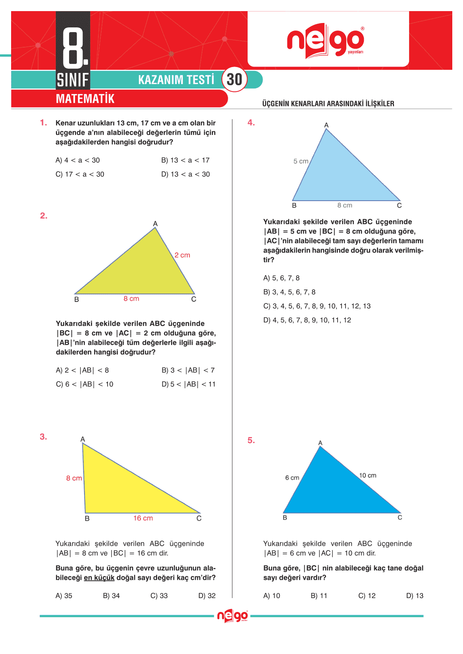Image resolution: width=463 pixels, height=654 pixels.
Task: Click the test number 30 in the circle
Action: pyautogui.click(x=234, y=80)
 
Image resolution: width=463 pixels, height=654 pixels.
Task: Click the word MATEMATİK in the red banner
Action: pyautogui.click(x=85, y=99)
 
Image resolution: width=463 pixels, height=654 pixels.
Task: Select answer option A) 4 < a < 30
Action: pyautogui.click(x=78, y=160)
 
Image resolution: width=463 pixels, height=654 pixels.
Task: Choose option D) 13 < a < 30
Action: pyautogui.click(x=185, y=174)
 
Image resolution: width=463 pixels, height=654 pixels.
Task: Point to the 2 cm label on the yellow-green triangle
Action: pyautogui.click(x=182, y=255)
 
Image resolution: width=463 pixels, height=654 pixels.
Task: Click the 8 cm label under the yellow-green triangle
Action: pyautogui.click(x=131, y=299)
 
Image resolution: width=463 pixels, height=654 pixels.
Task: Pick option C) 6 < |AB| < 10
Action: pyautogui.click(x=85, y=384)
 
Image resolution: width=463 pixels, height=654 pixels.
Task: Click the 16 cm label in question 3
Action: pyautogui.click(x=143, y=518)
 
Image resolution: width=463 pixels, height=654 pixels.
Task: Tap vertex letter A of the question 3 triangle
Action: pyautogui.click(x=83, y=439)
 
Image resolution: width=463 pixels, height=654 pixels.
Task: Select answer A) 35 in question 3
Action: pyautogui.click(x=64, y=595)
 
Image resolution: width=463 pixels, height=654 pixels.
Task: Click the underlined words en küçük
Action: pyautogui.click(x=99, y=577)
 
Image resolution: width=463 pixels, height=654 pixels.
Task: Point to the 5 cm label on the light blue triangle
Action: pyautogui.click(x=301, y=161)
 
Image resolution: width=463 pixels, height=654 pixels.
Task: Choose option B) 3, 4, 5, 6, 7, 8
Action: pyautogui.click(x=289, y=292)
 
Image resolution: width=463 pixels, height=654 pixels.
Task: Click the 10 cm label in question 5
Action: pyautogui.click(x=367, y=475)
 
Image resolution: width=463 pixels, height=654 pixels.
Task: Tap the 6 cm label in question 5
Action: pyautogui.click(x=292, y=478)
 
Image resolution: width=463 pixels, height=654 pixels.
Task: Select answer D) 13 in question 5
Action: pyautogui.click(x=415, y=595)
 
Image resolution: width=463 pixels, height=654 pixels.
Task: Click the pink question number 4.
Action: pyautogui.click(x=251, y=123)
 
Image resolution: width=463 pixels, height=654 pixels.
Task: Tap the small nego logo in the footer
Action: pyautogui.click(x=232, y=616)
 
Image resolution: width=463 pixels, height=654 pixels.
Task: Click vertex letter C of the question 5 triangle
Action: pyautogui.click(x=400, y=517)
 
